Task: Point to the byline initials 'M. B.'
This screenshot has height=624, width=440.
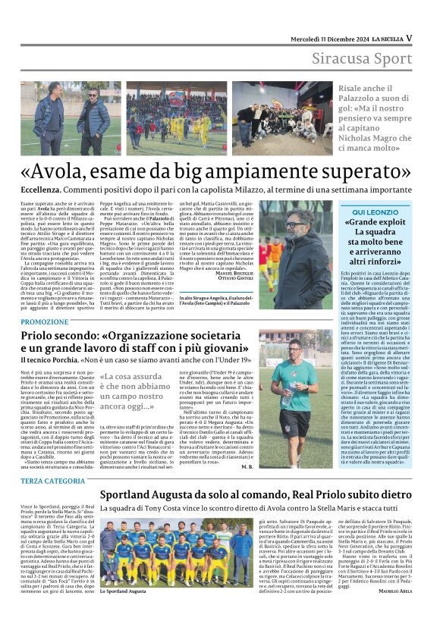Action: [x=247, y=466]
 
